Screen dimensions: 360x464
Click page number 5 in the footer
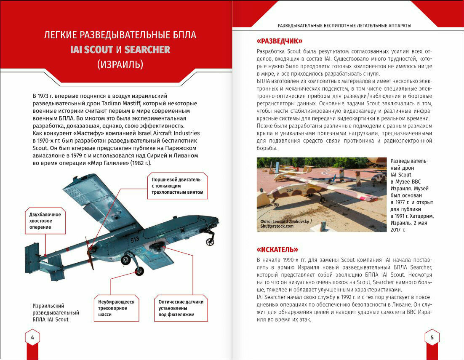pos(432,337)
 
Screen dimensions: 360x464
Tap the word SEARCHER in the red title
pos(147,50)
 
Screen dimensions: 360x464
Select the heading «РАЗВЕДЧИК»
pos(280,41)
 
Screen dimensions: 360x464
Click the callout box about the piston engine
pos(177,186)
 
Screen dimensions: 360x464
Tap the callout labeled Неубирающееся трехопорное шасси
pos(116,308)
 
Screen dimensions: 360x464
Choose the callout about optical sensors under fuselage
pos(181,308)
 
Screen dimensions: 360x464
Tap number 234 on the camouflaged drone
pos(290,190)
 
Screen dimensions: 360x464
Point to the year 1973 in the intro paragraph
pos(44,96)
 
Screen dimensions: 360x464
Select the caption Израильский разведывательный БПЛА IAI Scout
pos(56,313)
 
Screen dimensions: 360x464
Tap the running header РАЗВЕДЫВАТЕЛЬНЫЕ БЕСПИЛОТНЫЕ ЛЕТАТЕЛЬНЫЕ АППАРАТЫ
pos(344,26)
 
